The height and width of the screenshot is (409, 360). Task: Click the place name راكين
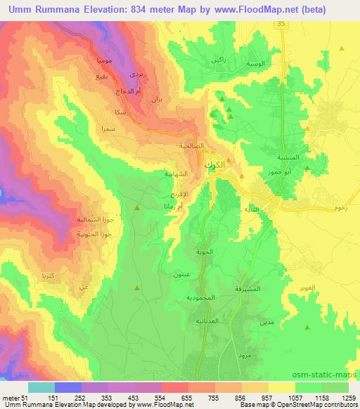pos(218,60)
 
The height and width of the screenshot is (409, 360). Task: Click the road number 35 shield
pos(281,24)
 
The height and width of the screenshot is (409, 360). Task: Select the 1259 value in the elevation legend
pos(348,398)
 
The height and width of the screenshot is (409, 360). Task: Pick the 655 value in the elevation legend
pos(186,398)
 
